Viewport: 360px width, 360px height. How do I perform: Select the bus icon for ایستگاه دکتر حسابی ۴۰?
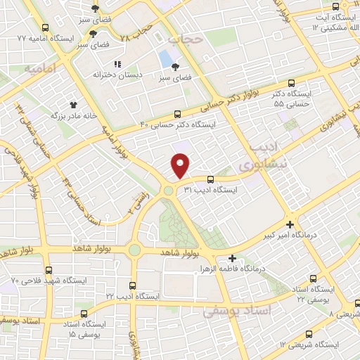pyautogui.click(x=177, y=114)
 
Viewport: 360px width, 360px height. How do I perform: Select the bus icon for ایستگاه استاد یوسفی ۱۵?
pyautogui.click(x=84, y=313)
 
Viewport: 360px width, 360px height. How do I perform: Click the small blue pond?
pyautogui.click(x=165, y=56)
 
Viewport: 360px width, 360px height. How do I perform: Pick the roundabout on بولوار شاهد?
pyautogui.click(x=134, y=250)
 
